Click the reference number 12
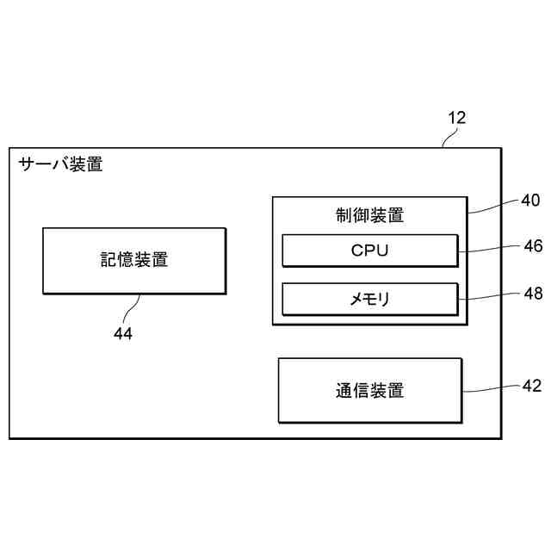pyautogui.click(x=456, y=119)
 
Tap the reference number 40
pyautogui.click(x=530, y=201)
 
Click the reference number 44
pyautogui.click(x=123, y=333)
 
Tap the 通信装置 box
pyautogui.click(x=369, y=390)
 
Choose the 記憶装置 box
pyautogui.click(x=133, y=260)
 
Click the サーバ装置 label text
pyautogui.click(x=60, y=164)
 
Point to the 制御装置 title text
pyautogui.click(x=369, y=215)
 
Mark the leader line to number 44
pyautogui.click(x=133, y=307)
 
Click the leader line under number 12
pyautogui.click(x=449, y=139)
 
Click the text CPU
pyautogui.click(x=369, y=251)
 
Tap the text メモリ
pyautogui.click(x=369, y=300)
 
